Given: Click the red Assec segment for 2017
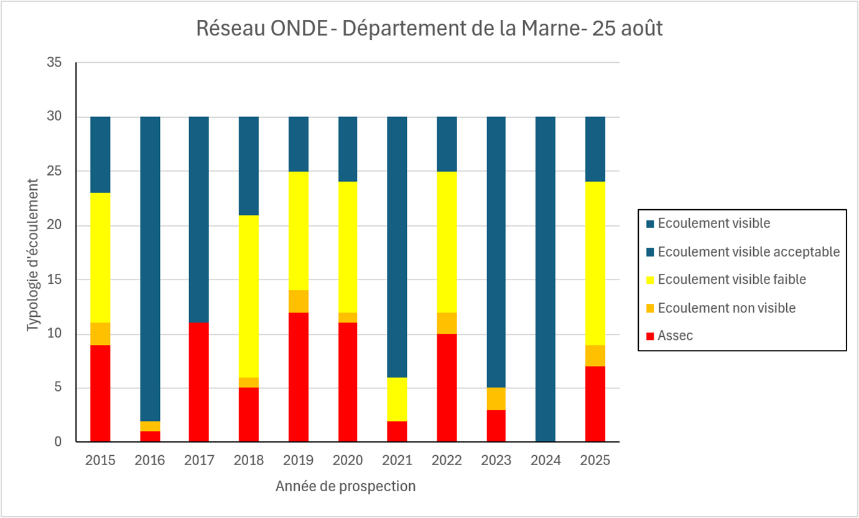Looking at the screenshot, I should point(199,382).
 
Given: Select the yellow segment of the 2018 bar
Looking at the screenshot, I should point(249,296).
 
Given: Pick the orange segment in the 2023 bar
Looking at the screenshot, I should point(496,398).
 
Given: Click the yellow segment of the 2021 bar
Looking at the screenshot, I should point(397,399).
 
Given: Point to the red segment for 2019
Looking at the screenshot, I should point(298,377).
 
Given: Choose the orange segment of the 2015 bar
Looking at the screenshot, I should point(100,333).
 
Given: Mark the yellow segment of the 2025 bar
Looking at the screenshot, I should point(595,263).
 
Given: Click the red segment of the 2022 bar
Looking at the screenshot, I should point(447,387).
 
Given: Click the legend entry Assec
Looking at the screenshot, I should point(675,336).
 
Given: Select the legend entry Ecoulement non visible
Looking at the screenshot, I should point(727,308).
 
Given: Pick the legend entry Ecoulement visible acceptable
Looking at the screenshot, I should point(748,252).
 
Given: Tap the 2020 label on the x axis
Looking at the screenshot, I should point(348,461).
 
